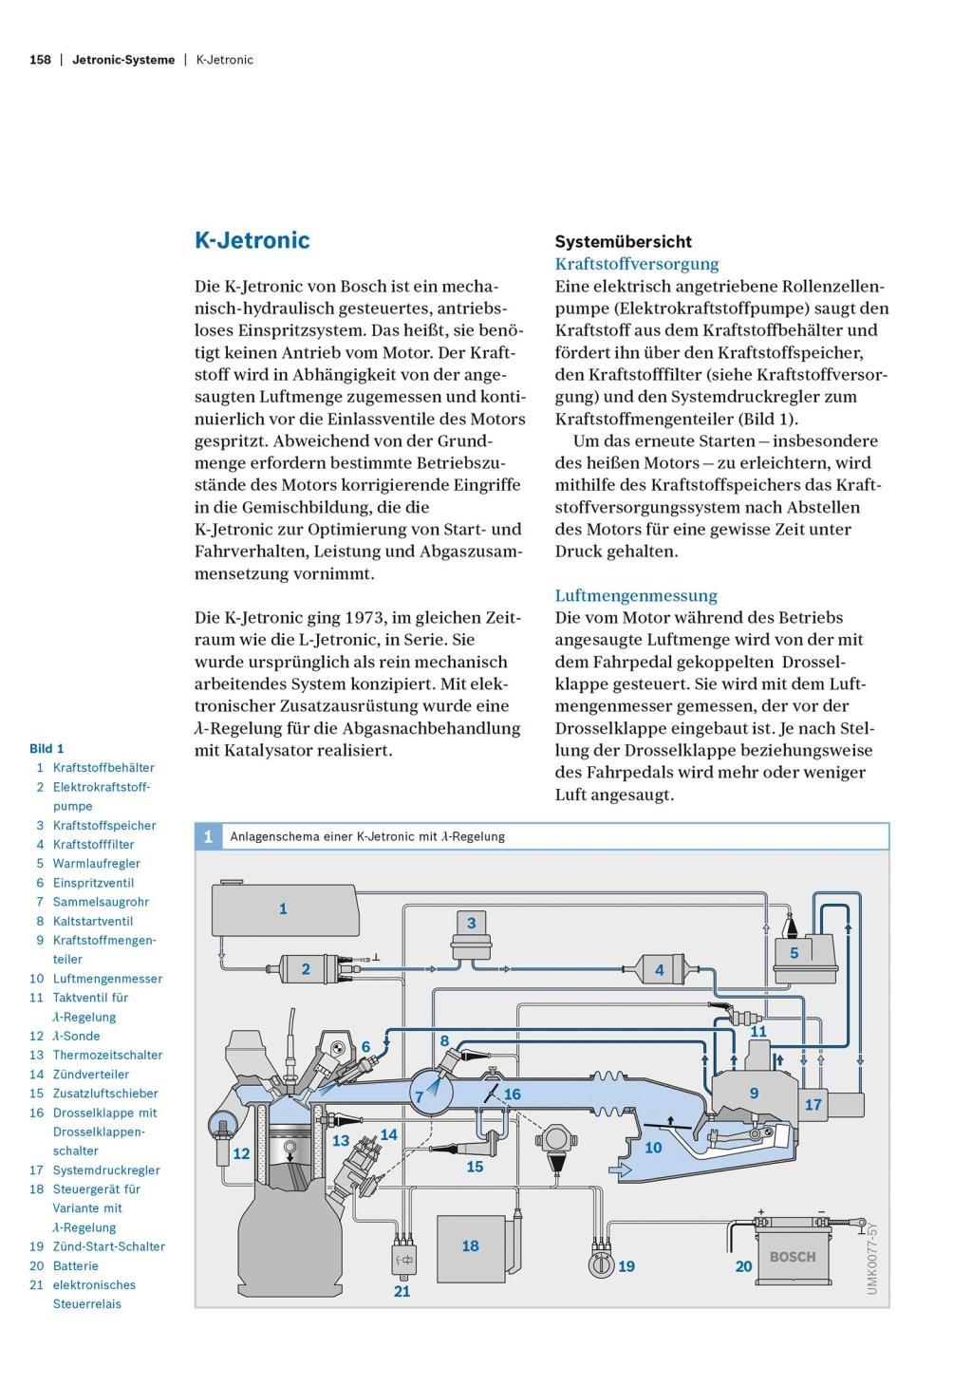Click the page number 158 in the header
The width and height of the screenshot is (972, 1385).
click(40, 60)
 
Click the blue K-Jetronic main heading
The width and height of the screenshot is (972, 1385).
click(252, 240)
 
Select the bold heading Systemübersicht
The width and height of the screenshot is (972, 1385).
click(623, 241)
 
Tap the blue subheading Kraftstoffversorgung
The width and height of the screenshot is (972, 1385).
click(637, 264)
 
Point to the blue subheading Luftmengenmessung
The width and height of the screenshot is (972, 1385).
click(636, 595)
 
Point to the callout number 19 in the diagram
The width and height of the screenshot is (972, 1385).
click(626, 1266)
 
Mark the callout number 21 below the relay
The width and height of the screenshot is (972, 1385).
click(402, 1292)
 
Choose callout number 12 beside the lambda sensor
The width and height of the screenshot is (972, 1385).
click(241, 1154)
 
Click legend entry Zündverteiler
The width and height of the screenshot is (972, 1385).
click(91, 1075)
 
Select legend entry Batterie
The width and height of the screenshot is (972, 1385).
click(76, 1265)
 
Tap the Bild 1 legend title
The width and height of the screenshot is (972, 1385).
click(47, 748)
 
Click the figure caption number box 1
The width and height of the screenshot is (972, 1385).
click(208, 836)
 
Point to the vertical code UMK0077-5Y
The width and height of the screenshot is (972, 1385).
click(872, 1258)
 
